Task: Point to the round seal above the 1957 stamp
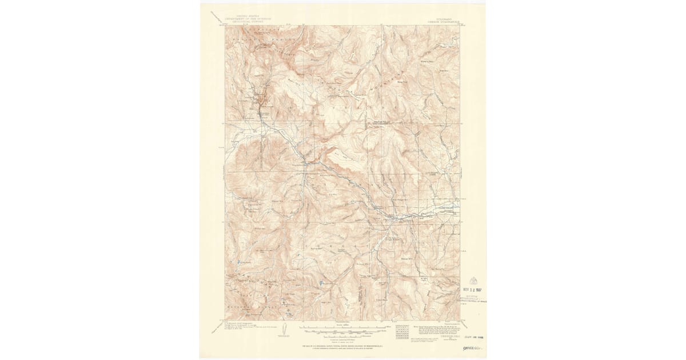472,279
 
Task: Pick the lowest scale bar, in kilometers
343,334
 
